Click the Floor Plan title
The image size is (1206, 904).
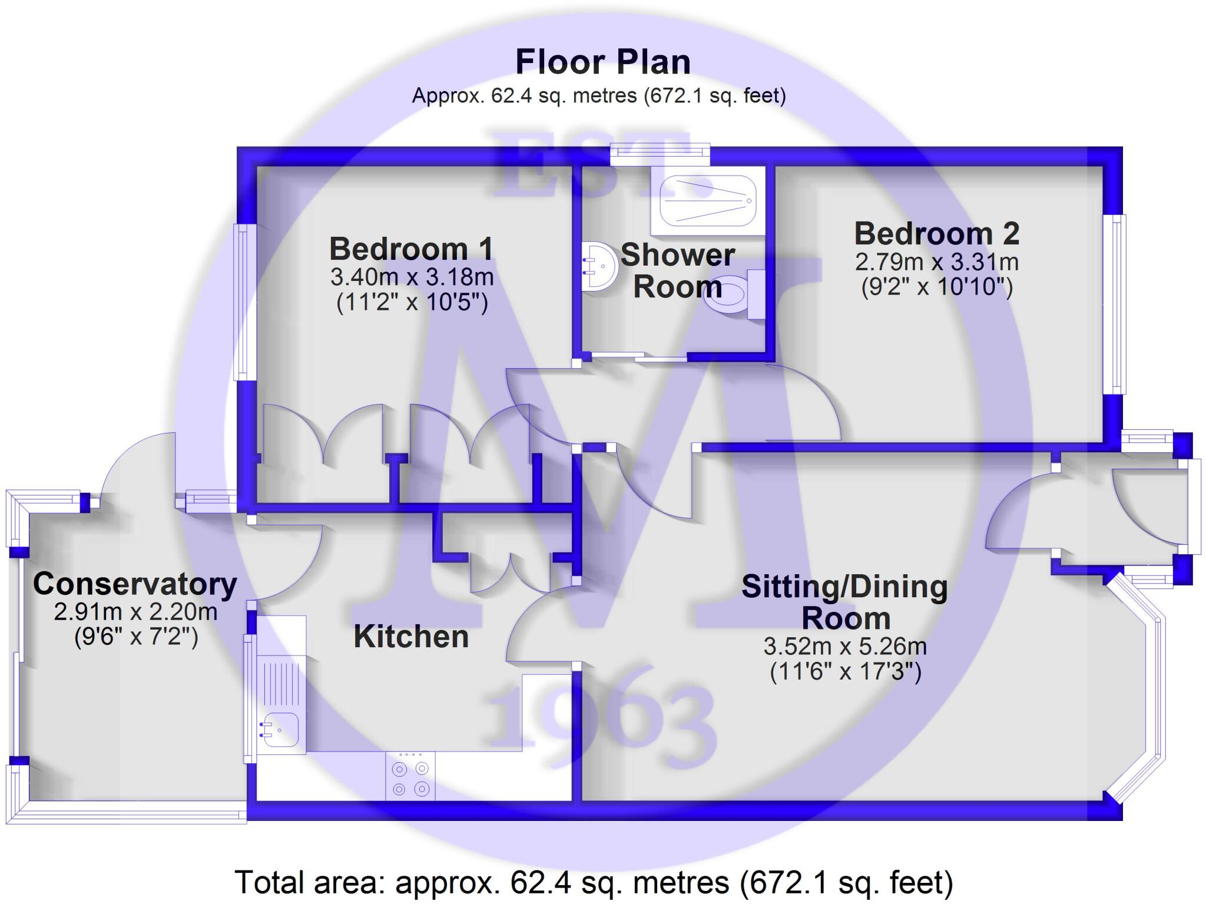(x=602, y=62)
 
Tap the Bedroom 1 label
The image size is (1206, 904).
(x=411, y=249)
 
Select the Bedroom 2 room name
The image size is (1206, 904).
(x=936, y=234)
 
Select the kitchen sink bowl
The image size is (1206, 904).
(x=280, y=730)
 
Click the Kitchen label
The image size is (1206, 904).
(x=411, y=637)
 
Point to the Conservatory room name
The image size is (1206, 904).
(x=135, y=584)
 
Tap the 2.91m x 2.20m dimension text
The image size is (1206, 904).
(x=135, y=612)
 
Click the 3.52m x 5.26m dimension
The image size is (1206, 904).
(x=845, y=647)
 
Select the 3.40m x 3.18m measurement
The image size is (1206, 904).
(x=412, y=276)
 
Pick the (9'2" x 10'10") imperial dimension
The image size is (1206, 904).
(x=937, y=287)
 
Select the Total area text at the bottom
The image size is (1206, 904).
(x=594, y=882)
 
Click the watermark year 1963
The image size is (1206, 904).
(x=601, y=718)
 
